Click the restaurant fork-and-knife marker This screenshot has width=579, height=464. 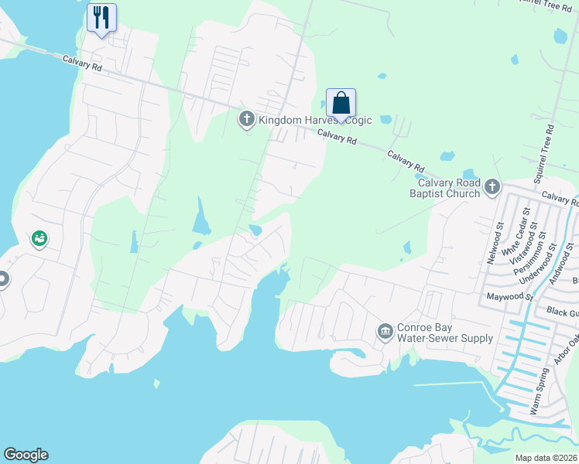pyautogui.click(x=101, y=18)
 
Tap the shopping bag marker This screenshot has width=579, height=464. pyautogui.click(x=341, y=104)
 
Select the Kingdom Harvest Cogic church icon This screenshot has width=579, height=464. pyautogui.click(x=247, y=119)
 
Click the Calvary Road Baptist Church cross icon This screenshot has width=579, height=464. pyautogui.click(x=492, y=186)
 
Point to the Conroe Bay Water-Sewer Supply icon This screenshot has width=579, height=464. pyautogui.click(x=385, y=332)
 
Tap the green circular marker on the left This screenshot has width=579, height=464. pyautogui.click(x=39, y=240)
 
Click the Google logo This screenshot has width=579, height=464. pyautogui.click(x=26, y=455)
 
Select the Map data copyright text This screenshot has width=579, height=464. pyautogui.click(x=546, y=458)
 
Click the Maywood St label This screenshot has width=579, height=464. pyautogui.click(x=510, y=296)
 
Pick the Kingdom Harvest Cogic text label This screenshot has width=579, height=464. pyautogui.click(x=315, y=120)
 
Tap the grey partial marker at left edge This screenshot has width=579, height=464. pyautogui.click(x=3, y=279)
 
